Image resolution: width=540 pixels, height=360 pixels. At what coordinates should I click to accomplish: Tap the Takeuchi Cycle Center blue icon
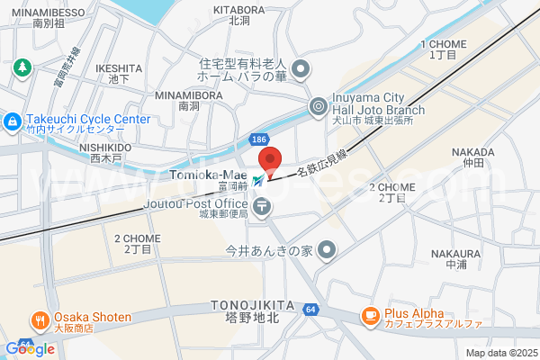pyautogui.click(x=13, y=120)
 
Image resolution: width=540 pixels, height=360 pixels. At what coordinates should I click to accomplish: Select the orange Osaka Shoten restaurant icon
pyautogui.click(x=40, y=319)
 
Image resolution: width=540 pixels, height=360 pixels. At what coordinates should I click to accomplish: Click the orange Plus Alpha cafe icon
pyautogui.click(x=370, y=315)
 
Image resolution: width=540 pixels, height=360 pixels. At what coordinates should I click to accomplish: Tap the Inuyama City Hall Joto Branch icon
pyautogui.click(x=318, y=107)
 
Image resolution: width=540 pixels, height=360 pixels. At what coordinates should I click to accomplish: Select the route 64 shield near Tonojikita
pyautogui.click(x=310, y=310)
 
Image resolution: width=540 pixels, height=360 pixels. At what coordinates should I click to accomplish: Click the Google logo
pyautogui.click(x=30, y=348)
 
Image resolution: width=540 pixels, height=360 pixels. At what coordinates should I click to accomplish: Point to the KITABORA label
pyautogui.click(x=238, y=9)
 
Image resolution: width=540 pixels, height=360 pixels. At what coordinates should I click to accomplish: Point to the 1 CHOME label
pyautogui.click(x=443, y=44)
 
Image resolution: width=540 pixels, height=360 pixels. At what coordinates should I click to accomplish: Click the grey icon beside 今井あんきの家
pyautogui.click(x=326, y=250)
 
